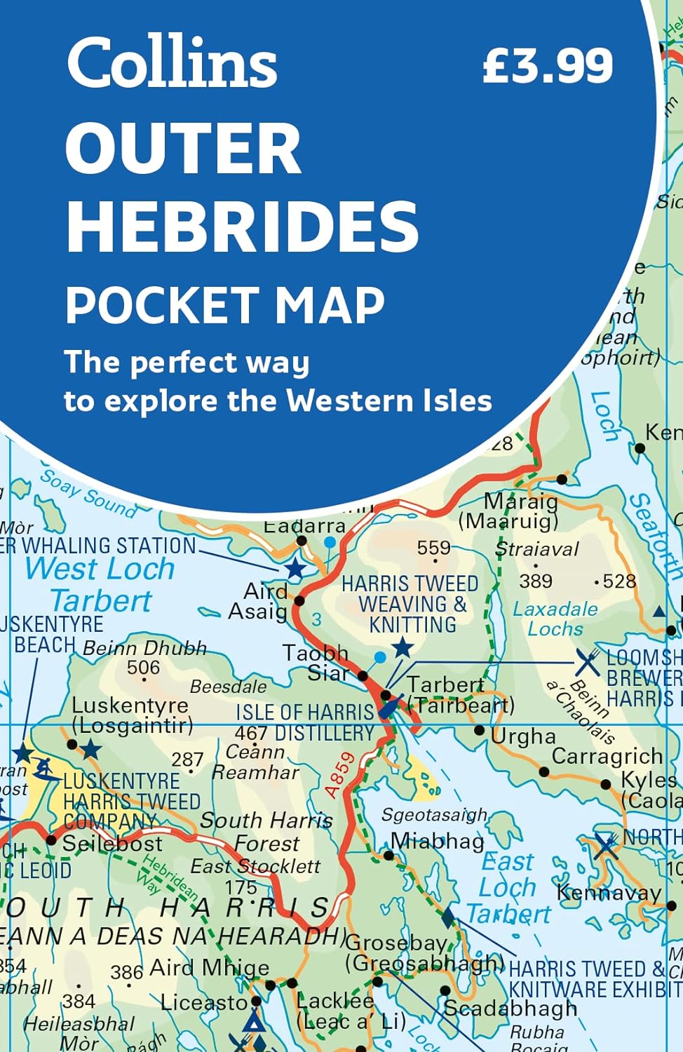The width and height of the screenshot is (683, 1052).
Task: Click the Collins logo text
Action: coord(172,62)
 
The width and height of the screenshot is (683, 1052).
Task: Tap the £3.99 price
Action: coord(548,67)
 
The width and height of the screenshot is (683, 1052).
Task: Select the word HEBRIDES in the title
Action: coord(242,226)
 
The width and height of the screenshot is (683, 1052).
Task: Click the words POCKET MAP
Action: coord(225,305)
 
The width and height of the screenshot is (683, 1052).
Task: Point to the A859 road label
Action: coord(341,776)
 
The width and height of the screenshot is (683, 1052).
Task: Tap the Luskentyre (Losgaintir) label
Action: coord(131,715)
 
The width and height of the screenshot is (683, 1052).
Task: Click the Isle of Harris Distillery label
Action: coord(305,722)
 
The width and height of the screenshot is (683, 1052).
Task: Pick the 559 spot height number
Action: coord(433,548)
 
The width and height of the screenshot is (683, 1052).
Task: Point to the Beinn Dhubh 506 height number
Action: coord(143,668)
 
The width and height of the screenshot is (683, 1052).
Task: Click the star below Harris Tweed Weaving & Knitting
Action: coord(403,647)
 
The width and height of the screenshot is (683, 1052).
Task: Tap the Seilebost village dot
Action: coord(50,839)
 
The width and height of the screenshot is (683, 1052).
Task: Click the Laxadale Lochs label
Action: coord(555,619)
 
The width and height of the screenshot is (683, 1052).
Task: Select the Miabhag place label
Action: coord(437,840)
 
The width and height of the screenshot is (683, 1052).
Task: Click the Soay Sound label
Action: coord(88,495)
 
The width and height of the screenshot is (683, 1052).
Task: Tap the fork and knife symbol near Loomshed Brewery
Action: coord(587,661)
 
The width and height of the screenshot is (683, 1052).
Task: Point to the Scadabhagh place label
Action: coord(510,1009)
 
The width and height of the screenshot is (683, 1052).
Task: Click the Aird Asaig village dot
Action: coord(299,600)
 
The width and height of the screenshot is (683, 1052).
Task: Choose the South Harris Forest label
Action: coord(266,831)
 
